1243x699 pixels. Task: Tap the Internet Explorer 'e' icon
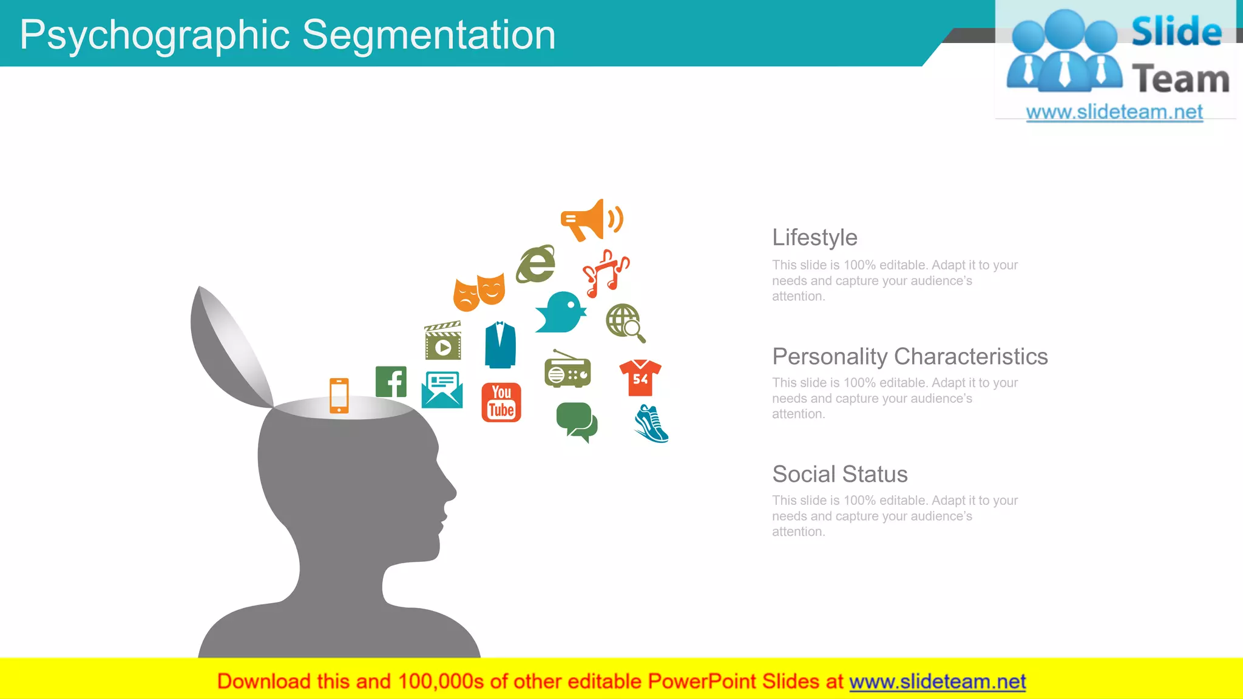point(536,265)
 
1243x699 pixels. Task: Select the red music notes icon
point(605,272)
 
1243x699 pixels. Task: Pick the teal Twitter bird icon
point(561,313)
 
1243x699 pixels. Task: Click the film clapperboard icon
point(442,341)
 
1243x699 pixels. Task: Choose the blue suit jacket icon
point(500,345)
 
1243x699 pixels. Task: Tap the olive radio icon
point(567,369)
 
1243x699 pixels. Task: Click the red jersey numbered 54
point(640,377)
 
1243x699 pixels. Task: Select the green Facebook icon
point(391,382)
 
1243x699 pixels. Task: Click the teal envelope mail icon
point(442,390)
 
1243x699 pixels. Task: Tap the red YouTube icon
point(501,402)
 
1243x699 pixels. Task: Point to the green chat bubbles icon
point(577,422)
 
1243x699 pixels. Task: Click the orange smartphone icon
point(339,396)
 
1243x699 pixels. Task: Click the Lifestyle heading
point(815,238)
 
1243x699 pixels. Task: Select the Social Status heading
point(840,474)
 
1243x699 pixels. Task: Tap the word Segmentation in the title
point(428,35)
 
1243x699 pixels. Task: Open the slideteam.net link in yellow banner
point(937,682)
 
